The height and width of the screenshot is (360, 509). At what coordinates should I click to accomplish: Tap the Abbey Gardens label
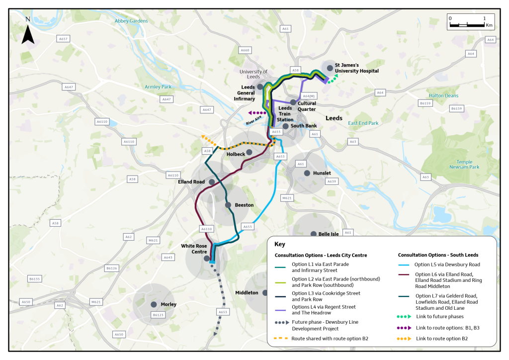coord(131,21)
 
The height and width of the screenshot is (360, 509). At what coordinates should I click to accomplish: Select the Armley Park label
coord(158,87)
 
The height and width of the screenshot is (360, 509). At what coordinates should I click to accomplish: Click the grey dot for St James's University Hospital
coord(330,68)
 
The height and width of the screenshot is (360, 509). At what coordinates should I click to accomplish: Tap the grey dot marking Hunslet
coord(307,173)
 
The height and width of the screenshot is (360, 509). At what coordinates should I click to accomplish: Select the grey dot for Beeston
coord(228,205)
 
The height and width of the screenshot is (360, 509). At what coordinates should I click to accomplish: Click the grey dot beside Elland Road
coord(212,182)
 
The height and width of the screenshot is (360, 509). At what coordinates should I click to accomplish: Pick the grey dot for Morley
coord(154,304)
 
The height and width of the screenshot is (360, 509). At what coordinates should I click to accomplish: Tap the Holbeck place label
coord(236,154)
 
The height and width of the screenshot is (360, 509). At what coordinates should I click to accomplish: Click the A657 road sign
coord(64,38)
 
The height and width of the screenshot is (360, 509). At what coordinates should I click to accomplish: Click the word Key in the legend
coord(280,244)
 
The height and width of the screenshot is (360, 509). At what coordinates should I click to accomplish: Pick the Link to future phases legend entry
coord(439,316)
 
